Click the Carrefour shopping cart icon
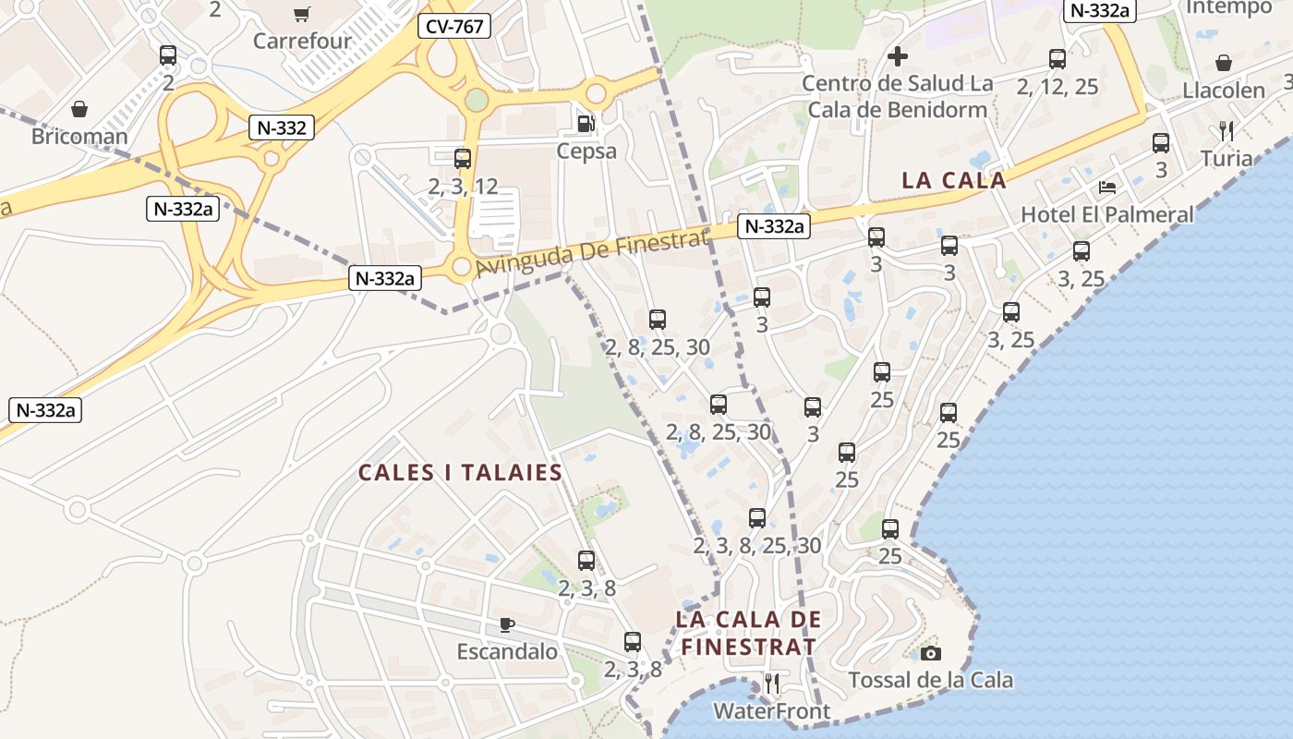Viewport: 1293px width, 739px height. coord(301,14)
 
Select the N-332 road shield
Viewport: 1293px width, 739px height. coord(282,127)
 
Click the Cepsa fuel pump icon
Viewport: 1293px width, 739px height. coord(586,123)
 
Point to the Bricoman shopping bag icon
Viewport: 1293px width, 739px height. coord(79,110)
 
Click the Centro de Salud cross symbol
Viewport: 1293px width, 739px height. coord(897,57)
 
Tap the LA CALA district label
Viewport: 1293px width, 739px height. coord(954,180)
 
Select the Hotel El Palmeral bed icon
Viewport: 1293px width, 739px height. coord(1107,188)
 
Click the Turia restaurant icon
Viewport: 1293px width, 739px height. coord(1227,130)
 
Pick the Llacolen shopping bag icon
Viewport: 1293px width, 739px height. coord(1224,63)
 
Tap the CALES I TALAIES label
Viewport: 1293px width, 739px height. coord(460,473)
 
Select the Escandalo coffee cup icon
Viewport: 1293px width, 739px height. coord(507,625)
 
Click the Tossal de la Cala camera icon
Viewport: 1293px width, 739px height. coord(931,654)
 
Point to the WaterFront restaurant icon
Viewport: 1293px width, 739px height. coord(772,684)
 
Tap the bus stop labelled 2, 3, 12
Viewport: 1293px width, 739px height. coord(463,159)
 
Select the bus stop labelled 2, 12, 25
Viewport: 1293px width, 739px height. coord(1057,60)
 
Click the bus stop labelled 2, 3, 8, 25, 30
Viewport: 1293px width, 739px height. coord(757,518)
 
